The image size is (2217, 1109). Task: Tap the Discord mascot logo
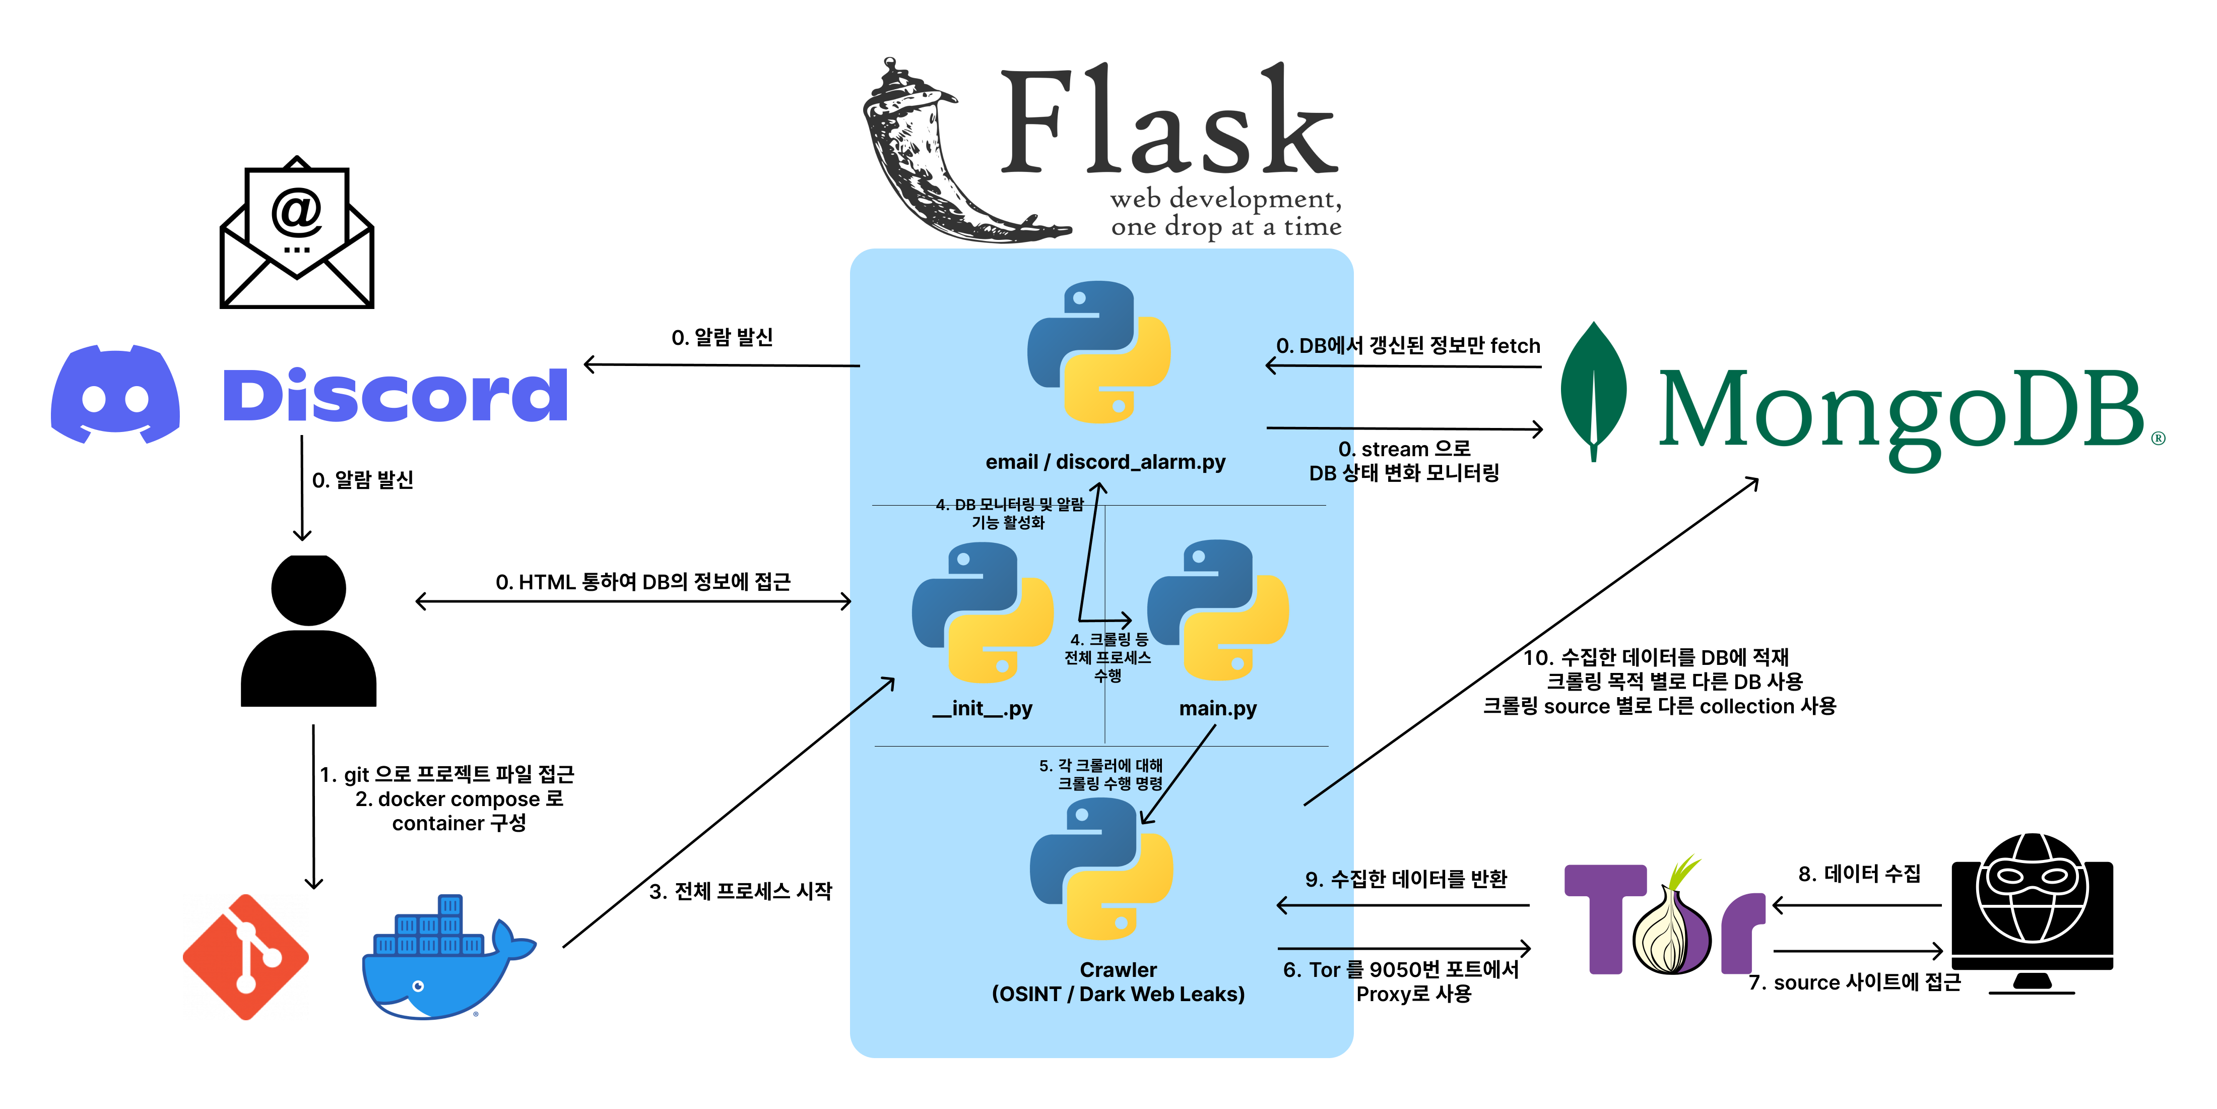click(115, 394)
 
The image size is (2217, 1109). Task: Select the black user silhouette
click(308, 630)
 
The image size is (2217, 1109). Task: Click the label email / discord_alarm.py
click(1105, 462)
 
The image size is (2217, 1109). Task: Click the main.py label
click(1218, 709)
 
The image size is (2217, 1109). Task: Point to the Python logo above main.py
click(1218, 609)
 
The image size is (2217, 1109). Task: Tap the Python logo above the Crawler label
click(1101, 868)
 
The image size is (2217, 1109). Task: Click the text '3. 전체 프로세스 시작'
click(740, 891)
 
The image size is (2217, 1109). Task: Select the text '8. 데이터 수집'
click(1859, 874)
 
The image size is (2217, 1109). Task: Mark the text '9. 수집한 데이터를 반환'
click(1405, 879)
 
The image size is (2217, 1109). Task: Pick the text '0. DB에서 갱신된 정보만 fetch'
click(1408, 346)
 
